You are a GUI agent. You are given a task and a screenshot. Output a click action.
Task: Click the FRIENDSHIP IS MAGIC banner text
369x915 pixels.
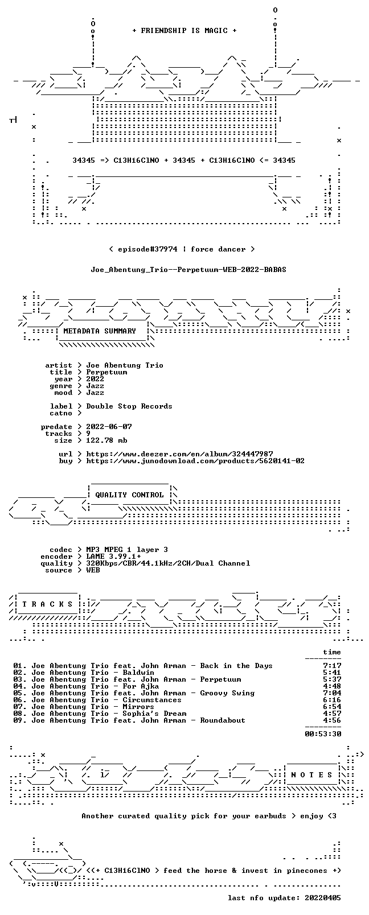[184, 31]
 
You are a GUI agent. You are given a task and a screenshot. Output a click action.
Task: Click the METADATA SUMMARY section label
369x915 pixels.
[100, 331]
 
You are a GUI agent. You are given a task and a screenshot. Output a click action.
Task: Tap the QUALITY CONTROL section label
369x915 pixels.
[129, 494]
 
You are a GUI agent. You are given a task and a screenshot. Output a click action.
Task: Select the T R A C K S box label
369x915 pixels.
[47, 604]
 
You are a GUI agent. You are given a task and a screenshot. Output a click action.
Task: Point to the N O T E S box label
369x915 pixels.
[311, 775]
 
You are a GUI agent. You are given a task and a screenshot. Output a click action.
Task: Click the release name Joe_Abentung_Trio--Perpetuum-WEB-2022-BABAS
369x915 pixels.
[188, 270]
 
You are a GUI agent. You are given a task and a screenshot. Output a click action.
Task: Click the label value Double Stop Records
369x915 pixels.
[129, 406]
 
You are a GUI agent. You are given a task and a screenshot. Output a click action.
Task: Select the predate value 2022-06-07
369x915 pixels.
[109, 427]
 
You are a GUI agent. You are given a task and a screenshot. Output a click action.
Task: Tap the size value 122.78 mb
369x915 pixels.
[106, 440]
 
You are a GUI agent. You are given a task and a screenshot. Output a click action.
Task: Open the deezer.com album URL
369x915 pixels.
[179, 454]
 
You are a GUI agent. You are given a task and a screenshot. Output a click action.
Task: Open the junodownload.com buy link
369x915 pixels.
[195, 461]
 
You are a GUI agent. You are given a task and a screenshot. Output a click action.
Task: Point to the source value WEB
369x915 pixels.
[93, 570]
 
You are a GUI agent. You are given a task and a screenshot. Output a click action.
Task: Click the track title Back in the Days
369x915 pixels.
[236, 666]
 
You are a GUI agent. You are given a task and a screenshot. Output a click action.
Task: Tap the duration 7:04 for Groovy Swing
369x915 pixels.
[332, 693]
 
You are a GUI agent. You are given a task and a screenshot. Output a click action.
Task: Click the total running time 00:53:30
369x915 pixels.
[323, 734]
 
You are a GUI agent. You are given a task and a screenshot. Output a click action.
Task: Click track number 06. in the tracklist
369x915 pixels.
[19, 700]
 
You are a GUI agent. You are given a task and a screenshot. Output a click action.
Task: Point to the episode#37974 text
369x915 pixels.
[147, 249]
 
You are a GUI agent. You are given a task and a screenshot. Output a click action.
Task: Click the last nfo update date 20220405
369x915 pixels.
[323, 898]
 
